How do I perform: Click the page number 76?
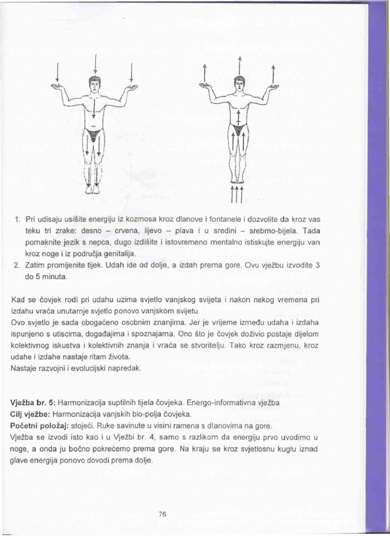[x=162, y=514]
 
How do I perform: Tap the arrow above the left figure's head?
[x=96, y=64]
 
